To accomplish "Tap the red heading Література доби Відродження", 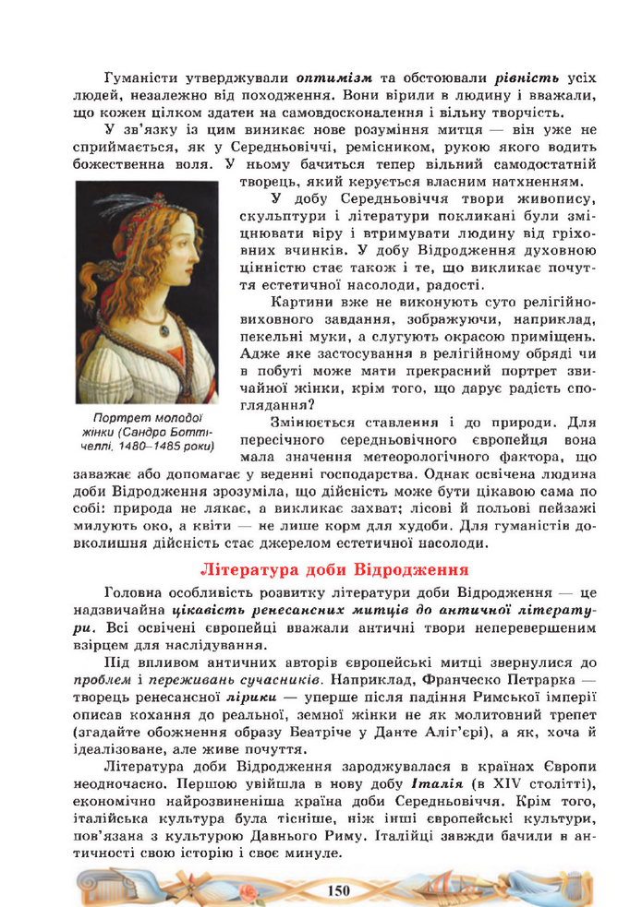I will coord(333,568).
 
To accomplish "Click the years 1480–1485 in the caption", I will coord(145,448).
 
